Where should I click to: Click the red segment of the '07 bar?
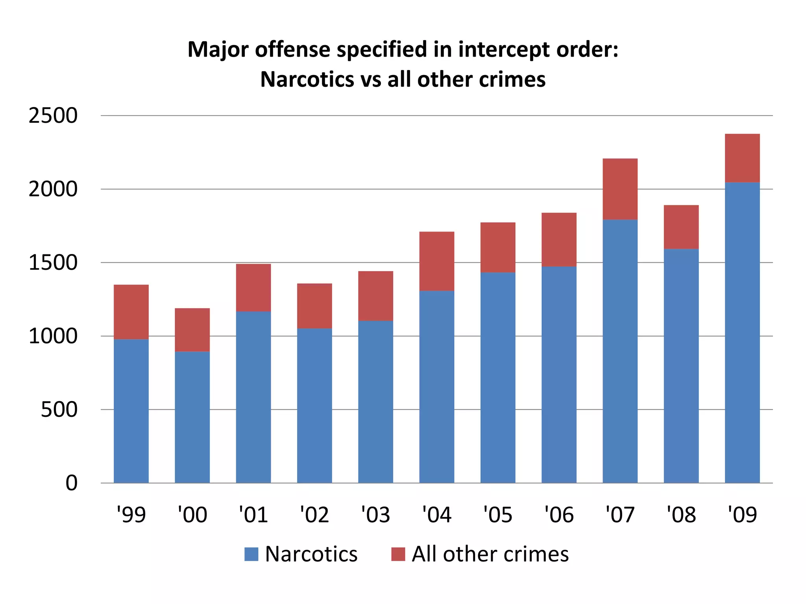point(620,189)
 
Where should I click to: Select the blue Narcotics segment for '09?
point(742,332)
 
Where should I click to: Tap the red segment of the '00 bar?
point(192,330)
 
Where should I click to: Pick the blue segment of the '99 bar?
point(131,411)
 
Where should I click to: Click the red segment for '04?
point(436,261)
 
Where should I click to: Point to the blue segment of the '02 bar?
point(314,405)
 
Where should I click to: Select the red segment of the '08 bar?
point(681,227)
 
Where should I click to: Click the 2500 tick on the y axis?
point(53,116)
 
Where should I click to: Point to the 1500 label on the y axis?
point(53,263)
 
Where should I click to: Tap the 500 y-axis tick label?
point(59,410)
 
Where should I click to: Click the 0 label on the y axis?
point(71,483)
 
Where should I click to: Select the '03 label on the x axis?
point(375,514)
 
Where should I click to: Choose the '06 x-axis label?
point(559,514)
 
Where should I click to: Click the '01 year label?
point(253,514)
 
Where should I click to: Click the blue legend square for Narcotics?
point(251,554)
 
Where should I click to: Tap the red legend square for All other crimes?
point(398,554)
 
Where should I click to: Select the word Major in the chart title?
point(219,50)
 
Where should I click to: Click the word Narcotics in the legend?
point(311,554)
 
